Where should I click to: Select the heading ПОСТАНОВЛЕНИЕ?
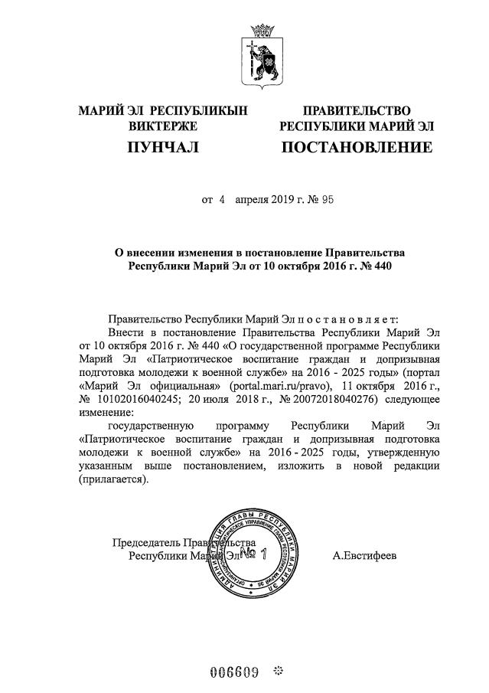(x=357, y=146)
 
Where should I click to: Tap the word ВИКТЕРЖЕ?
(x=163, y=126)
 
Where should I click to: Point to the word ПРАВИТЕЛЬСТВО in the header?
(x=357, y=111)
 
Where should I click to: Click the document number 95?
(x=327, y=201)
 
